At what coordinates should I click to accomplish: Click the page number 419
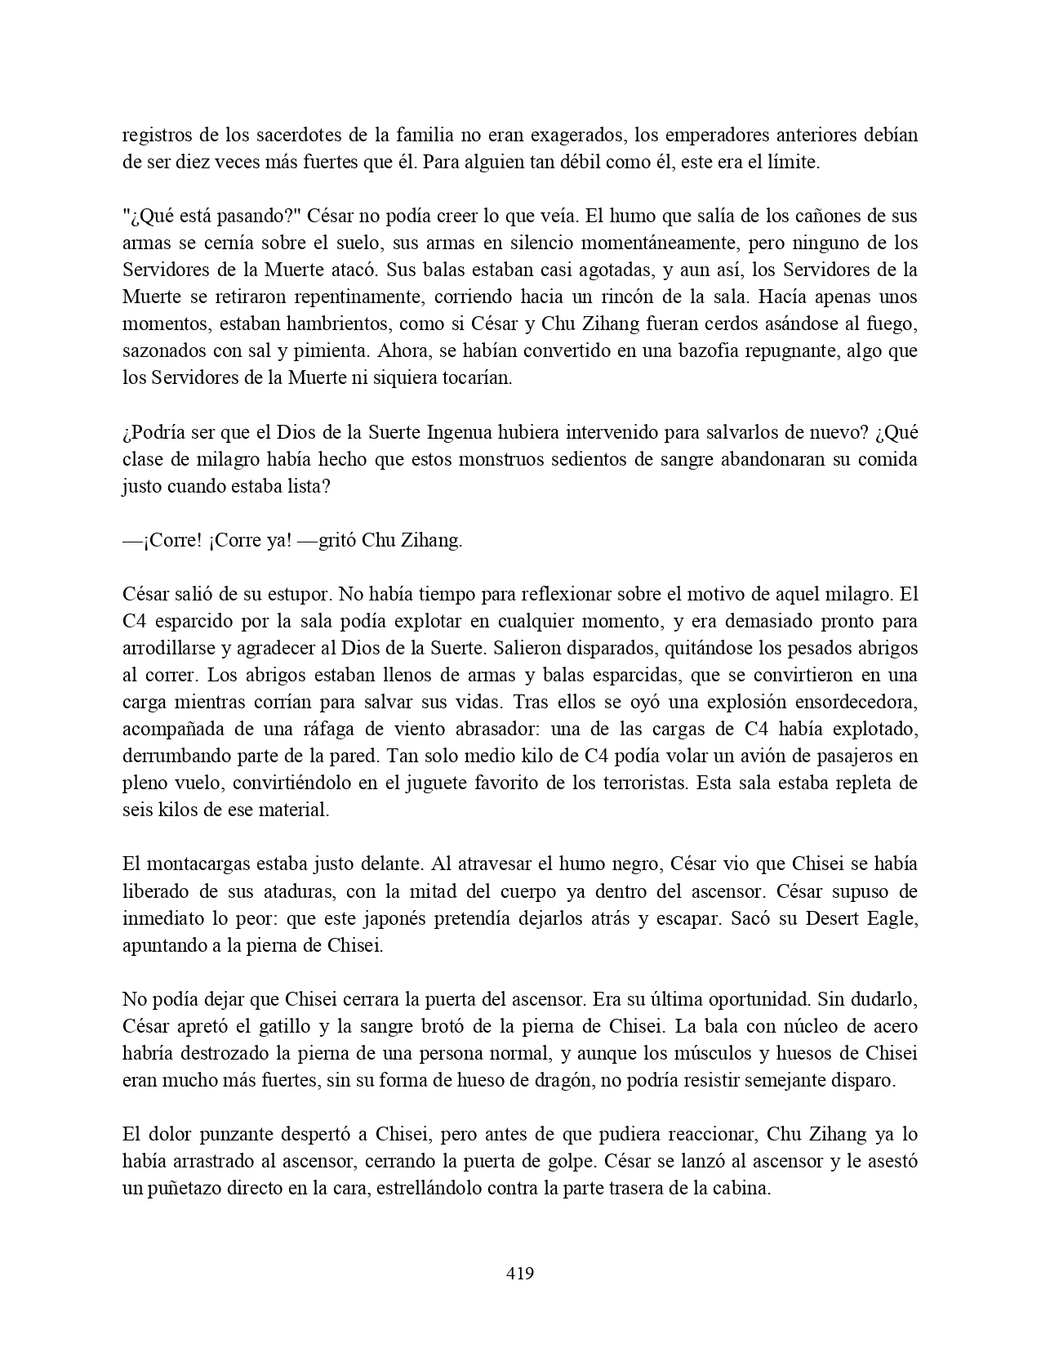coord(520,1273)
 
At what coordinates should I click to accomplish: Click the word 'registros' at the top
coord(158,135)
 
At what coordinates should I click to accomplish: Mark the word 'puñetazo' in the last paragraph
coord(189,1188)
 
